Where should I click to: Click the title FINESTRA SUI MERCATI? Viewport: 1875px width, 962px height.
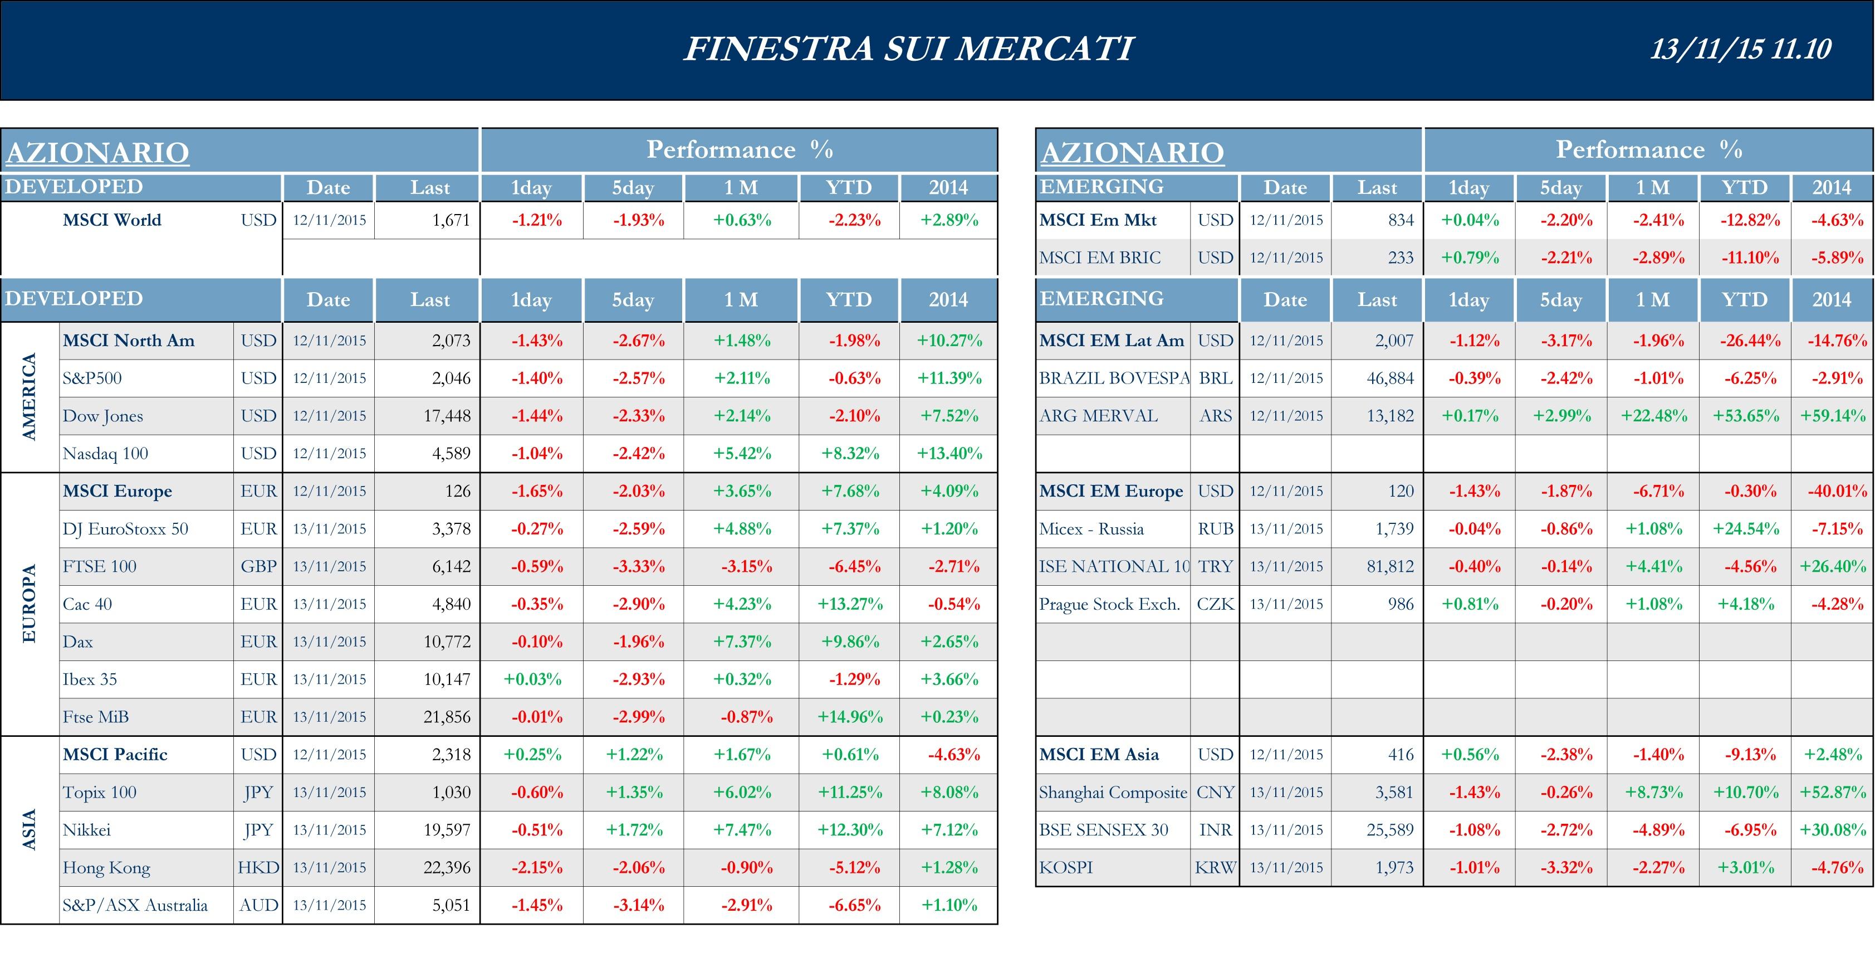(908, 49)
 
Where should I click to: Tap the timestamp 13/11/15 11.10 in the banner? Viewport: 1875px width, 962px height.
(1740, 49)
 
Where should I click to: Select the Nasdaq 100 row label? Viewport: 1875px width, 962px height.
(106, 454)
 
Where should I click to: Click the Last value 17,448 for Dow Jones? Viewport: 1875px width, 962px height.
(447, 416)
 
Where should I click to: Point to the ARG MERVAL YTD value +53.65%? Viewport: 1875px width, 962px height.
(1745, 416)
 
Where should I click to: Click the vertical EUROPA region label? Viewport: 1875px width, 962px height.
(29, 604)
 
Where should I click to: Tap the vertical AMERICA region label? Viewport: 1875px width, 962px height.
(29, 397)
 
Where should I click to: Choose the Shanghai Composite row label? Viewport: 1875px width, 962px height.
(1112, 793)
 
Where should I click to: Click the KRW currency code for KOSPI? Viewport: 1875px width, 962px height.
(1215, 867)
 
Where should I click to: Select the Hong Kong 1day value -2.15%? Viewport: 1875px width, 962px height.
(536, 867)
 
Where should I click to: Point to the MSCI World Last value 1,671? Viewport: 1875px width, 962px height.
(451, 220)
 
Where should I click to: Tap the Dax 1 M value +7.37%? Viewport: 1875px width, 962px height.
(742, 642)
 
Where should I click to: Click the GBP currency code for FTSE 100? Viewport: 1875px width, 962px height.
(258, 567)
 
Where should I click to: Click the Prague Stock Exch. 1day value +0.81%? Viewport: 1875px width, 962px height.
(1470, 604)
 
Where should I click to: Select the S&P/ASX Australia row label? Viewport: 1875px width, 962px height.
(135, 905)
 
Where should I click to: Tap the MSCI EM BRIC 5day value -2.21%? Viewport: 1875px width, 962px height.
(1565, 258)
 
